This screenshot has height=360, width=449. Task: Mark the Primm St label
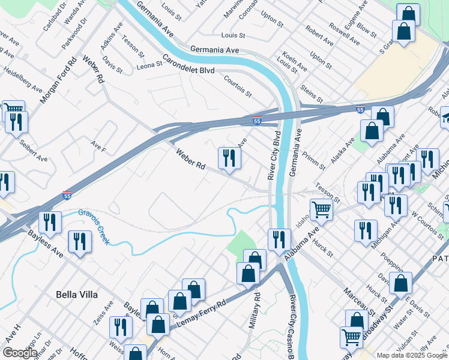coord(314,160)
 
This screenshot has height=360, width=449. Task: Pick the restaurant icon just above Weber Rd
coord(229,158)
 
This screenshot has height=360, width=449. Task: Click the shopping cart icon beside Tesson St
coord(322,209)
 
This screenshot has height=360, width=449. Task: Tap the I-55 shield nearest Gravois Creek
coord(68,196)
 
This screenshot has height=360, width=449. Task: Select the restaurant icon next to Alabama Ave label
coord(279,239)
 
